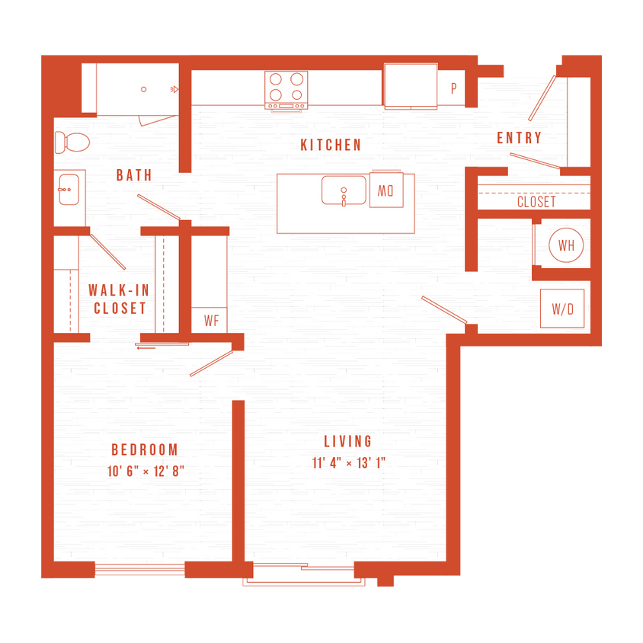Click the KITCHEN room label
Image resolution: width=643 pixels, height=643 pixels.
[331, 145]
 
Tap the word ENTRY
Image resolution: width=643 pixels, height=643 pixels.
[520, 138]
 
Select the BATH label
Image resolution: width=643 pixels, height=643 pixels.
[134, 175]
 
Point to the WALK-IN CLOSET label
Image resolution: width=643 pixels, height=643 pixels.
[117, 299]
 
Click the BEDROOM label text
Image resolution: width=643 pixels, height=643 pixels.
[144, 449]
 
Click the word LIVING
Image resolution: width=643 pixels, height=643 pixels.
[348, 441]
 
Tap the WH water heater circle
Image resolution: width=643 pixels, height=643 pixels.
[566, 245]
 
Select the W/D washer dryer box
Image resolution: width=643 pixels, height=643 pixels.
[562, 309]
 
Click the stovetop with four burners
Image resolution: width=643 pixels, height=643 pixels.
[286, 89]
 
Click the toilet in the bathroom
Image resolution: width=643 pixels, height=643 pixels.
[72, 141]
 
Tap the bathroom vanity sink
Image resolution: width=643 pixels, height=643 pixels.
[69, 187]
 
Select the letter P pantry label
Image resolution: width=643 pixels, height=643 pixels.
[453, 88]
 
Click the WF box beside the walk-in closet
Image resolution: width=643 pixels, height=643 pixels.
[211, 321]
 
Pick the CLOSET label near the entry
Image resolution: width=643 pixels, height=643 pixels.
[536, 203]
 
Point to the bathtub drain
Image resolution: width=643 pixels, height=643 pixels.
[144, 89]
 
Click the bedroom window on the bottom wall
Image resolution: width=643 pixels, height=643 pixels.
[139, 568]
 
